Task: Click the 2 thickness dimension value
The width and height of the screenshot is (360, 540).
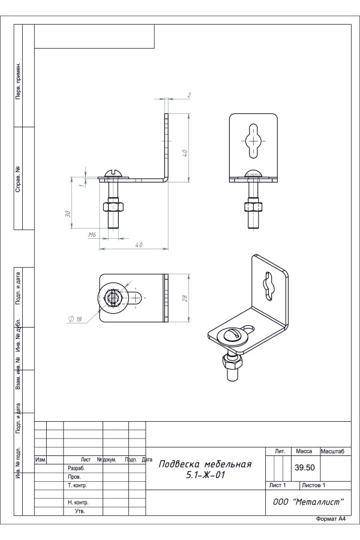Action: tap(189, 95)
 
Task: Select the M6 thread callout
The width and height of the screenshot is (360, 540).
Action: tap(92, 235)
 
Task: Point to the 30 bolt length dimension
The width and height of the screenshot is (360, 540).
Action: tap(68, 214)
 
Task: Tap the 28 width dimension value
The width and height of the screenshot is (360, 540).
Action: tap(184, 298)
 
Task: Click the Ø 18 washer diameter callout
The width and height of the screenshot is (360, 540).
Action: tap(75, 319)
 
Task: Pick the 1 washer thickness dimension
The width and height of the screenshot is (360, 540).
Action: tap(82, 185)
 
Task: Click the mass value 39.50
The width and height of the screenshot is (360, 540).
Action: tap(305, 467)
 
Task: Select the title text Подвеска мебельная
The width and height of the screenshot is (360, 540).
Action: tap(205, 464)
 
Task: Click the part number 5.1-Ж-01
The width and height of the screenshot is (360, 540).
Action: tap(205, 475)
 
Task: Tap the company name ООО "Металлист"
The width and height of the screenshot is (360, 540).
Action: tap(308, 502)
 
